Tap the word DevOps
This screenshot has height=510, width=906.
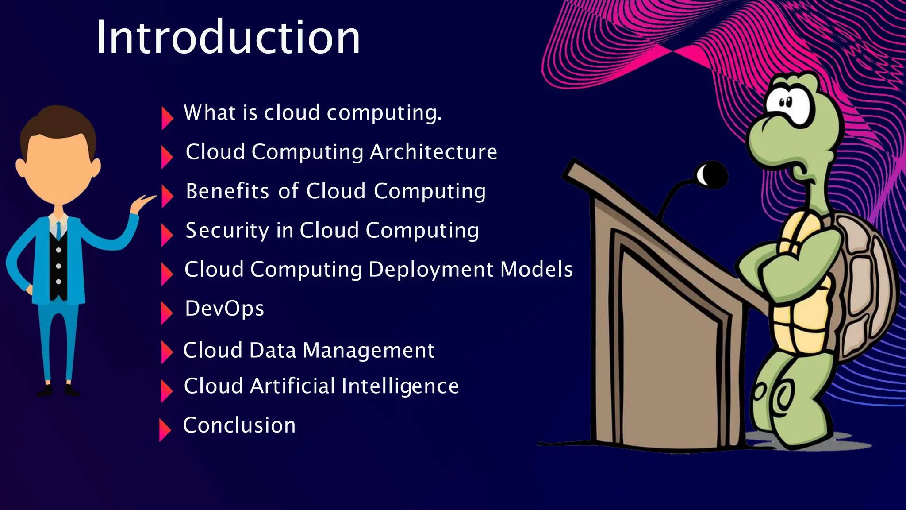tap(224, 309)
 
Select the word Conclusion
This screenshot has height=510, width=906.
tap(239, 425)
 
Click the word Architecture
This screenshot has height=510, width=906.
tap(434, 152)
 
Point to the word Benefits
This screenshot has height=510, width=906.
tap(227, 191)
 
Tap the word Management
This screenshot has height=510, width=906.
tap(369, 350)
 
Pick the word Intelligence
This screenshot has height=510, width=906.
tap(400, 386)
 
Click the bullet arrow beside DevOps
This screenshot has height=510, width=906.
tap(166, 313)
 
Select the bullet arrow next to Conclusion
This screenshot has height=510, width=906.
tap(165, 430)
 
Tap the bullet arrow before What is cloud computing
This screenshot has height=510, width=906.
tap(167, 118)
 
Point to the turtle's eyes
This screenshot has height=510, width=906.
tap(786, 103)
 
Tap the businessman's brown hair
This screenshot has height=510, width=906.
tap(58, 124)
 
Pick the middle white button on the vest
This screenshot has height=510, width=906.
tap(58, 267)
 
